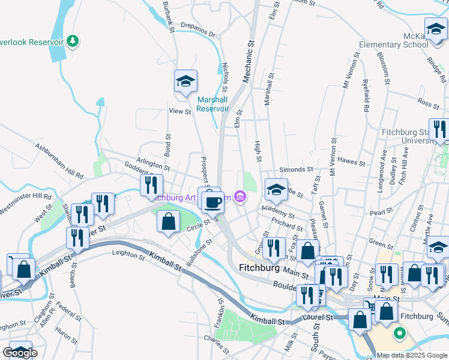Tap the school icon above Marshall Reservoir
(186, 82)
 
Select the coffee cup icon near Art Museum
(212, 202)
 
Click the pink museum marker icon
(240, 196)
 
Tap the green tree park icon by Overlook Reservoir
(73, 41)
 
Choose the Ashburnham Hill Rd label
(58, 161)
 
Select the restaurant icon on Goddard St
(151, 185)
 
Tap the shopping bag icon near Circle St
(168, 222)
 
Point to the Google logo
(20, 353)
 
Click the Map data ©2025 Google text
(412, 355)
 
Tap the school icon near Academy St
(276, 190)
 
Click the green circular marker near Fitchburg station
(398, 332)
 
